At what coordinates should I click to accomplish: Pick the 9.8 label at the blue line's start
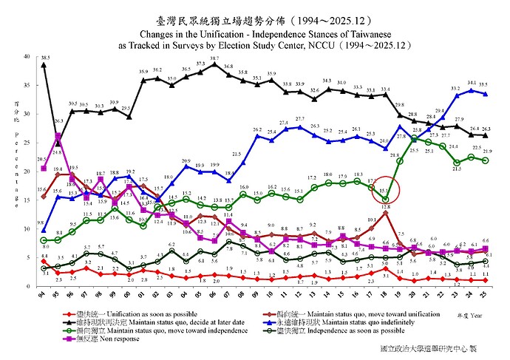click(40, 223)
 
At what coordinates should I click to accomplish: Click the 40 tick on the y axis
click(27, 56)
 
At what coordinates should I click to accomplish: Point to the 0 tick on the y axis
click(28, 286)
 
